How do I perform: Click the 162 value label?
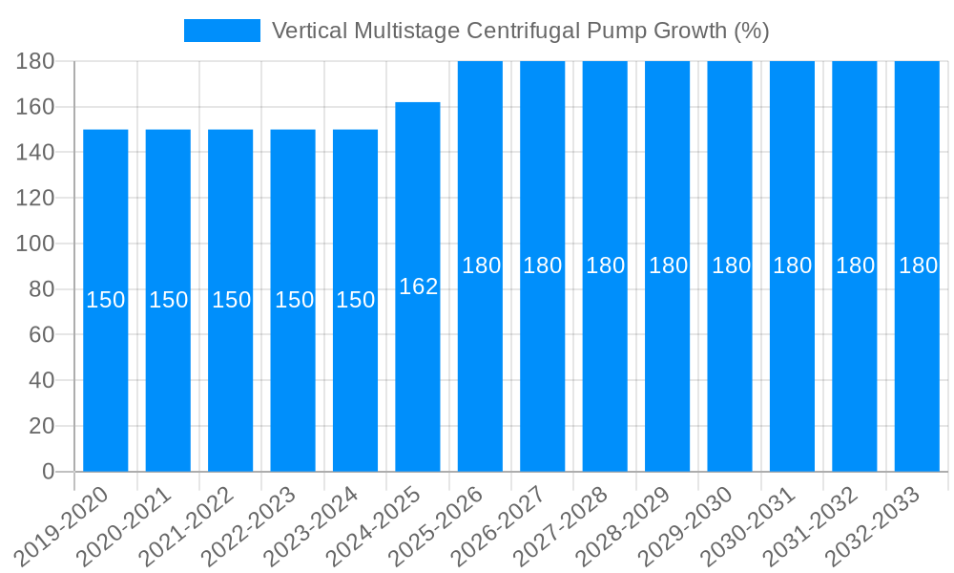(418, 286)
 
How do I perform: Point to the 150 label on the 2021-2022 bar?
(231, 300)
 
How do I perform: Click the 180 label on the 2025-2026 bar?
(481, 265)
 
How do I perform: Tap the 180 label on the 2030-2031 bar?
(793, 265)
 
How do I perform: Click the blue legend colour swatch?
(221, 31)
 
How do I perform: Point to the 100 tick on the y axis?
(35, 244)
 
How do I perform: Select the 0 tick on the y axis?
(48, 472)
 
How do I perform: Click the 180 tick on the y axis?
(35, 61)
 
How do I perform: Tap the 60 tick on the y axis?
(41, 335)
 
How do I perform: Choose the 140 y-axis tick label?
(35, 153)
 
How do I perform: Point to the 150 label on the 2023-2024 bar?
(356, 300)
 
